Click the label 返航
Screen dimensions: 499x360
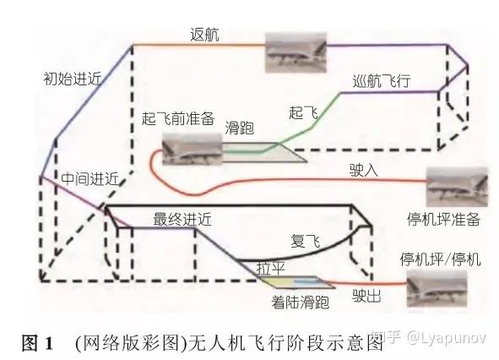point(204,35)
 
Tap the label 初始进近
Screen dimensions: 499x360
point(73,79)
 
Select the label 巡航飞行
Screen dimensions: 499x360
point(382,81)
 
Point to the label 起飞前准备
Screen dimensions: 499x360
point(178,118)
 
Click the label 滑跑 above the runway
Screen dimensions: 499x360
point(239,128)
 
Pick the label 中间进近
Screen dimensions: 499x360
point(90,178)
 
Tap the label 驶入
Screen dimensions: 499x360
point(364,170)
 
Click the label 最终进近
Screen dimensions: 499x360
point(182,220)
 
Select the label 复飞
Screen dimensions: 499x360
point(305,241)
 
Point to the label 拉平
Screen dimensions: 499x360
point(270,268)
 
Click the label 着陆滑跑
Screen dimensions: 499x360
point(300,302)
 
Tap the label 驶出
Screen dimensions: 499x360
point(366,296)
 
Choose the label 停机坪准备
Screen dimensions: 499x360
point(443,220)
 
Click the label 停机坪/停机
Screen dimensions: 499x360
point(440,259)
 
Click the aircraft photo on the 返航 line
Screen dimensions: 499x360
point(296,52)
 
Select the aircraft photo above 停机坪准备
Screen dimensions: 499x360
point(457,187)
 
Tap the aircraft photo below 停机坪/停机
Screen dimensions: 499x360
point(437,289)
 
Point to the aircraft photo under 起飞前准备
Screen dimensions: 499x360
point(192,149)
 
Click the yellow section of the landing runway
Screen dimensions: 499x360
point(279,282)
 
